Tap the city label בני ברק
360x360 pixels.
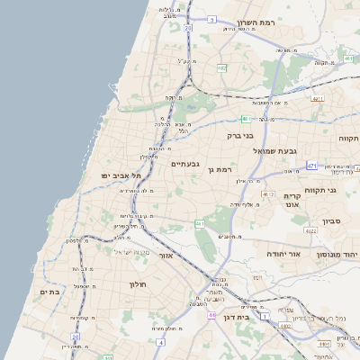[240, 135]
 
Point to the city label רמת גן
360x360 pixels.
[219, 169]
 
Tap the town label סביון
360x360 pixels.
[331, 220]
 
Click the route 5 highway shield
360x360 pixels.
[211, 19]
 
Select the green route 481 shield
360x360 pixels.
[245, 118]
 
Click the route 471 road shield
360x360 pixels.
[311, 166]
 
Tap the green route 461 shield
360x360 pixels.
[200, 223]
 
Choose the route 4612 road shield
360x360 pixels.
[268, 193]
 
